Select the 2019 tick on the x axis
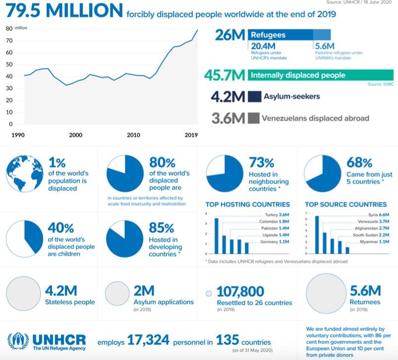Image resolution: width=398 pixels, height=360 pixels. click(191, 135)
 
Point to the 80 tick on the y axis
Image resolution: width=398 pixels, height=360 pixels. click(9, 28)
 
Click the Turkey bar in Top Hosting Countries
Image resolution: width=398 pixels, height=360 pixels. click(216, 232)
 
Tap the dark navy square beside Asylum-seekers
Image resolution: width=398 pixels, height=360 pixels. click(254, 97)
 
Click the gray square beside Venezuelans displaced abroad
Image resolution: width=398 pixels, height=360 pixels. click(254, 118)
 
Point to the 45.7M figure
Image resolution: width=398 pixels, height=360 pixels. click(225, 76)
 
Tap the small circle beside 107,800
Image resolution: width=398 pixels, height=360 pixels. click(209, 293)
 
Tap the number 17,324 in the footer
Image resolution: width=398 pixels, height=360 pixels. click(148, 341)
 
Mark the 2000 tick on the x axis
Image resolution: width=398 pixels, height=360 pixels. click(75, 135)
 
